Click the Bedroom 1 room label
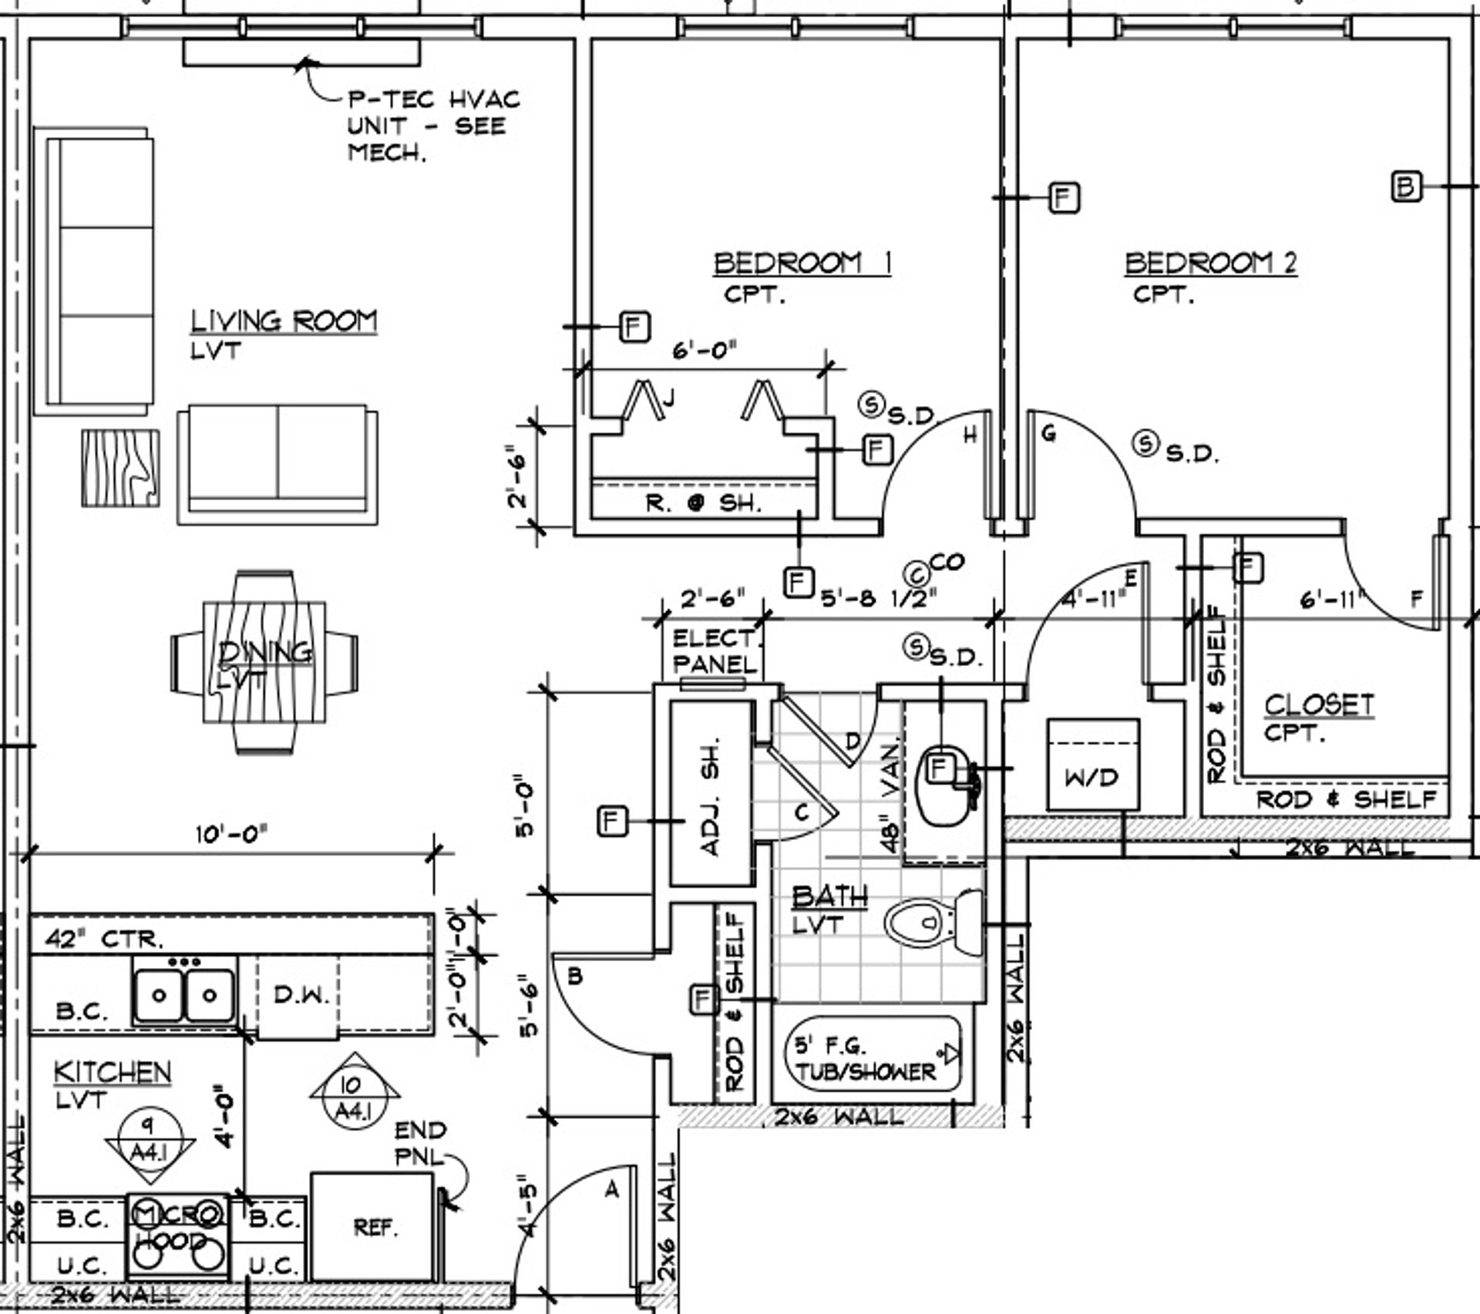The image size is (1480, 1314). [x=802, y=264]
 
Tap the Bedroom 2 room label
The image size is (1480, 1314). [x=1210, y=264]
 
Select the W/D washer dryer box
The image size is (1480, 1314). [x=1093, y=765]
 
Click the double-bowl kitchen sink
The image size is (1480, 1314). [x=183, y=996]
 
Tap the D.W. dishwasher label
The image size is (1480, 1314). [x=301, y=994]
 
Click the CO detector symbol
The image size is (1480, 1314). [x=917, y=573]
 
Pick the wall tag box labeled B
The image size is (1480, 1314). [x=1406, y=187]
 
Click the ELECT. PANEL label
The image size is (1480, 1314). [x=715, y=651]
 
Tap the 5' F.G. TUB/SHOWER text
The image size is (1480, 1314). [x=866, y=1059]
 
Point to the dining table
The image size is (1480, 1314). [x=264, y=663]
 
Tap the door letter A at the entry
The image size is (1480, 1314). [x=611, y=1191]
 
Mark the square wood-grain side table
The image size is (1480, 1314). [x=121, y=468]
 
